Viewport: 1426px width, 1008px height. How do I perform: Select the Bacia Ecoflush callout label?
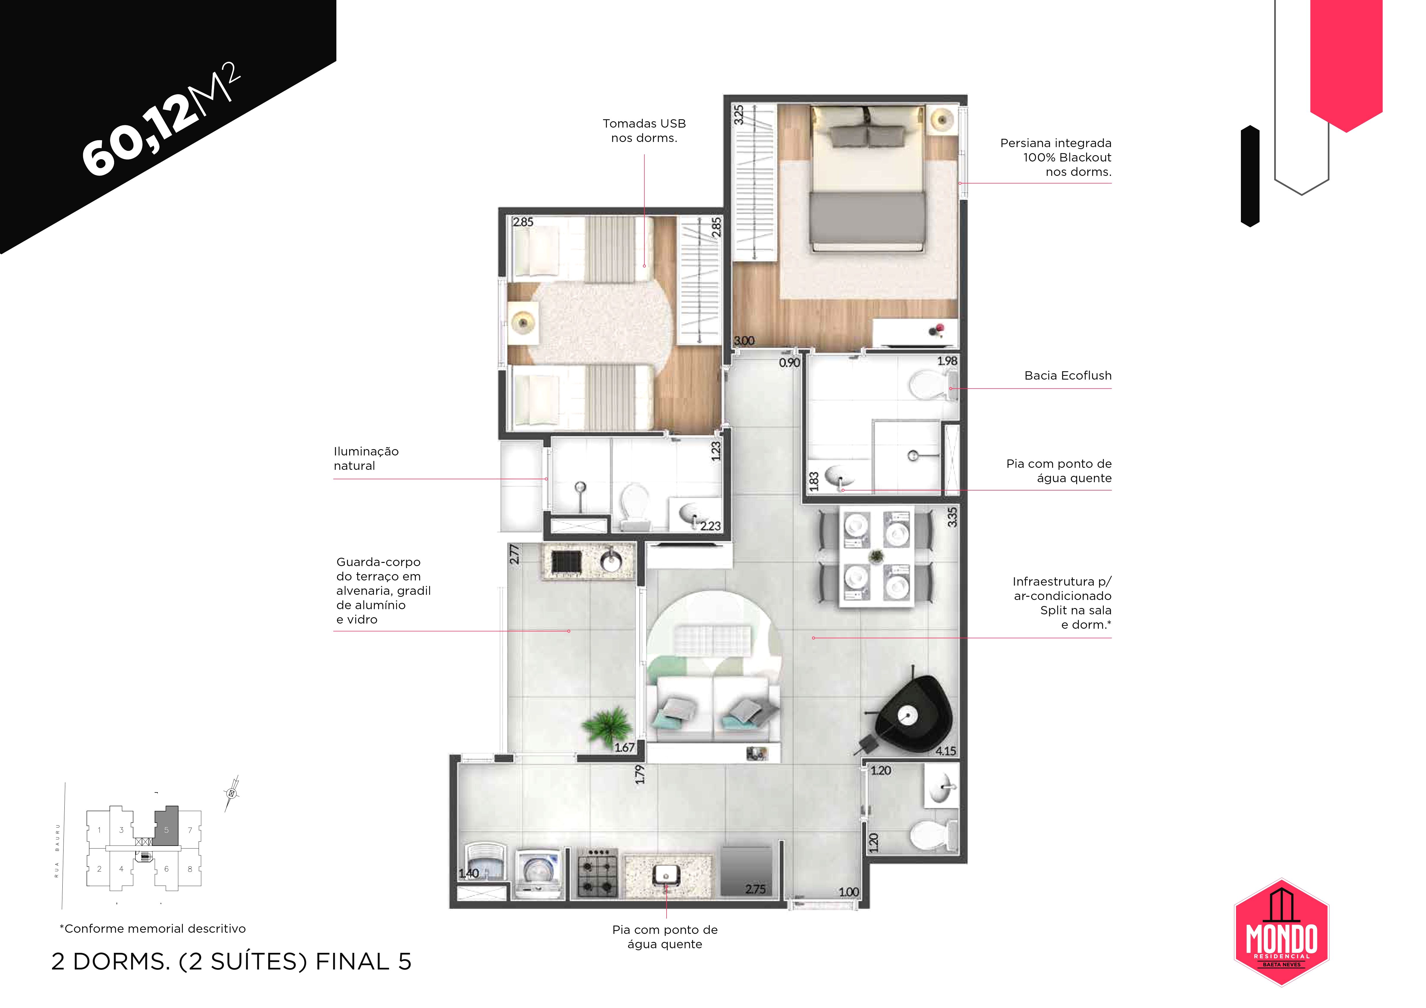click(1068, 376)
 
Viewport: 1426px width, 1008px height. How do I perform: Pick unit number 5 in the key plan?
click(166, 830)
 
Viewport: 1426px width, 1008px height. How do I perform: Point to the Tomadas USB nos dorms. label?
click(644, 131)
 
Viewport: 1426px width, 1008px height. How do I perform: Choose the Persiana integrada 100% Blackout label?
click(1056, 158)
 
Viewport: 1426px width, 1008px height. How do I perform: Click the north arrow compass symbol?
click(232, 793)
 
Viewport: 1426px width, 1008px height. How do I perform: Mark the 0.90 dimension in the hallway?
click(789, 362)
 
